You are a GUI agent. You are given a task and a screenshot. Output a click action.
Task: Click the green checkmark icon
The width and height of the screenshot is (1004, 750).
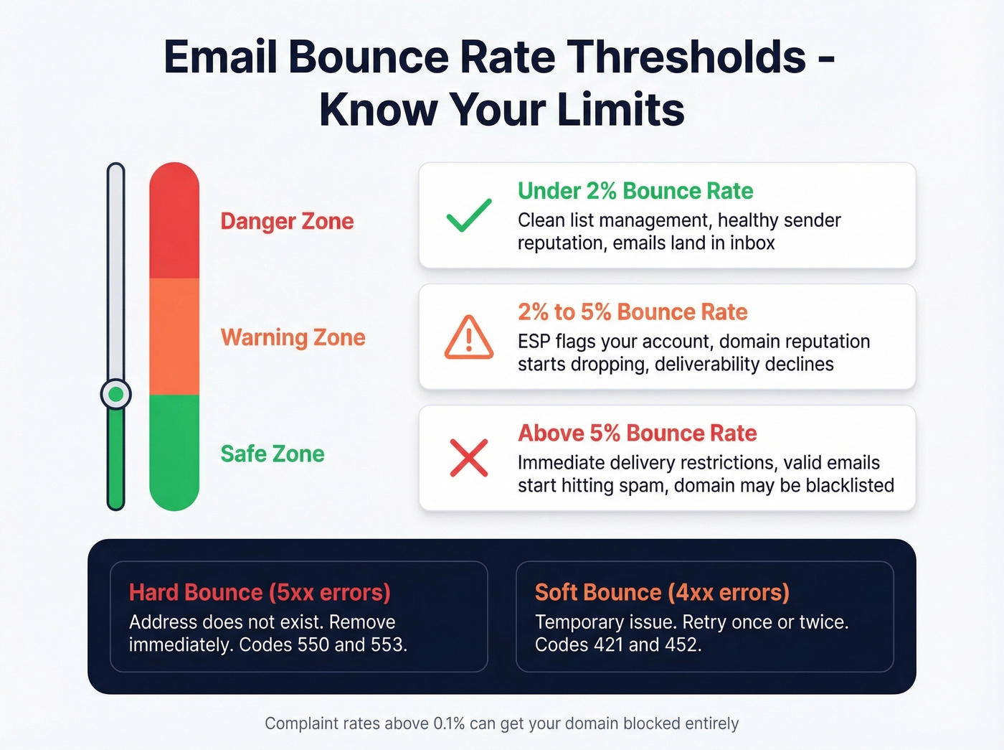pos(469,215)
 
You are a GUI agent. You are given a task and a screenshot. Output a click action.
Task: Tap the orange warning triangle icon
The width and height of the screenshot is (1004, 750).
pos(469,337)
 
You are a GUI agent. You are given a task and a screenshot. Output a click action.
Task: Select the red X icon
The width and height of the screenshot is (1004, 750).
pos(469,458)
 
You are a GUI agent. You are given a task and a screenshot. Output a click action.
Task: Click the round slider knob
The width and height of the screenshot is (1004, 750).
pos(115,394)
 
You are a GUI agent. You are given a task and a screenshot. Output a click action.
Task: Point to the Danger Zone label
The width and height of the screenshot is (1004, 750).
pos(287,221)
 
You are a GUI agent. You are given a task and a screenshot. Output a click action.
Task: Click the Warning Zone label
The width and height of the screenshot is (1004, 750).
pos(293,337)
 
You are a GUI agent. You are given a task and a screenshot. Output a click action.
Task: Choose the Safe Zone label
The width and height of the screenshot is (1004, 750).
pos(273,454)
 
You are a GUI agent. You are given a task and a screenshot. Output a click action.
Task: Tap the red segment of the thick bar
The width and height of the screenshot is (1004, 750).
pos(174,222)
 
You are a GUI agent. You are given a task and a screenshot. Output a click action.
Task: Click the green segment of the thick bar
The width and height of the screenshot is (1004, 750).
pos(174,452)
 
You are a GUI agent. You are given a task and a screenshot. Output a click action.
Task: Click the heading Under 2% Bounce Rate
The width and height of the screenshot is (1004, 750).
pos(635,191)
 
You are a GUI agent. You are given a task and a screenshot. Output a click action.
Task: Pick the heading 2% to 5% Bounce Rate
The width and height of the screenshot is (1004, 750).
pos(633,312)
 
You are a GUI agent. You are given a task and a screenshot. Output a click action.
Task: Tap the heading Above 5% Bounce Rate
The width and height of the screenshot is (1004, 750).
pos(638,433)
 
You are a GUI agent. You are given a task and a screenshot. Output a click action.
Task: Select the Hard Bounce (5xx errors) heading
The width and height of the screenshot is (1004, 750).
pos(260,592)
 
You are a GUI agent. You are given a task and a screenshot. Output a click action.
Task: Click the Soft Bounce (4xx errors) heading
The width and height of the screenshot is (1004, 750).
pos(662,592)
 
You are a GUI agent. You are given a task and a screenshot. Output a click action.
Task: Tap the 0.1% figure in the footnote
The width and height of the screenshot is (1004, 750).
pos(449,723)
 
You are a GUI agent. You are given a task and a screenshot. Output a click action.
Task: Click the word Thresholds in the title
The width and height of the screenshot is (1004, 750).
pos(688,57)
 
